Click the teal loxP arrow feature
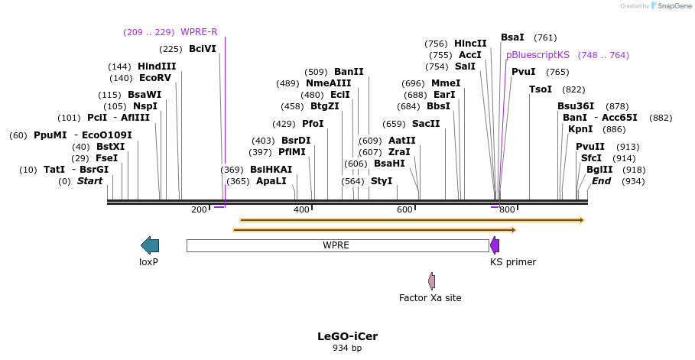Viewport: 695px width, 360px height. (150, 245)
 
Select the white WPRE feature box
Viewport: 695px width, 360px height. (337, 245)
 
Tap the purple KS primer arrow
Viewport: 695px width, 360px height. (495, 245)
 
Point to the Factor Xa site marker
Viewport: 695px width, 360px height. (432, 281)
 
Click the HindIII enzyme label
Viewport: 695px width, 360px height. (157, 66)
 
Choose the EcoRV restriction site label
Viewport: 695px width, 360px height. (155, 78)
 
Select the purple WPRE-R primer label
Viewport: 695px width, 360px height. (199, 32)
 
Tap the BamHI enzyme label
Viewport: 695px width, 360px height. (389, 164)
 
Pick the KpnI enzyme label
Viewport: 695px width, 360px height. (580, 129)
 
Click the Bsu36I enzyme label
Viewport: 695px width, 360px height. (576, 106)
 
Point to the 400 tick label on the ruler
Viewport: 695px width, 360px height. (302, 210)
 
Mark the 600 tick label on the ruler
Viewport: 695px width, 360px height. (404, 210)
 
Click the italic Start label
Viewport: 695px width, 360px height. (89, 181)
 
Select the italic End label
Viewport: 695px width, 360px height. (601, 181)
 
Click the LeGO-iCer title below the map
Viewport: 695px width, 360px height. (347, 336)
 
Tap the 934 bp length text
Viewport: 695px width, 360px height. (347, 349)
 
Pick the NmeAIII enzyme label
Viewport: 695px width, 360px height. (328, 83)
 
